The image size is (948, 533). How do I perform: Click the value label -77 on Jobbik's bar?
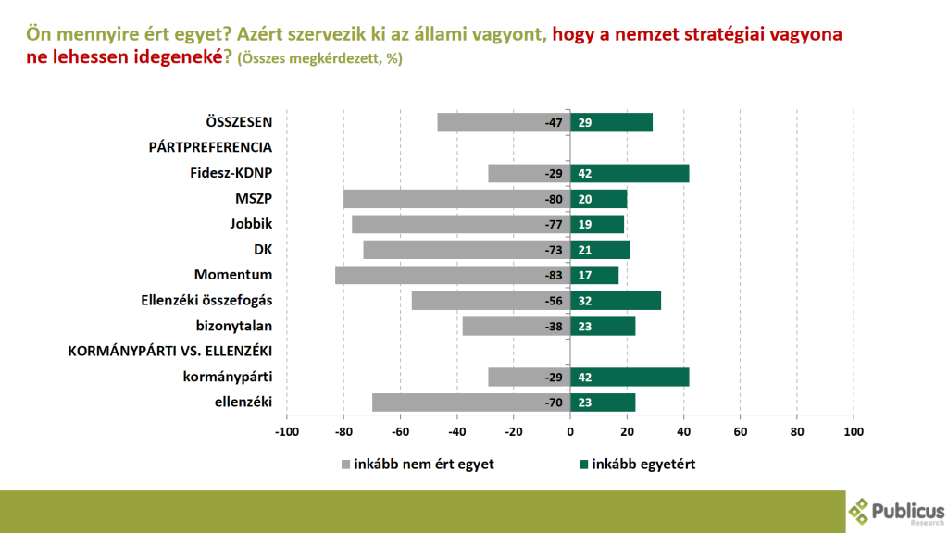click(555, 224)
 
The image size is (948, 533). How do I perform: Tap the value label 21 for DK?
click(584, 250)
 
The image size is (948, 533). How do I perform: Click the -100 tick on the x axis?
click(287, 431)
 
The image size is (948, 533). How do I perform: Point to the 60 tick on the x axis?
click(741, 431)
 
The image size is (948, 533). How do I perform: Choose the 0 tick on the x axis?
click(570, 431)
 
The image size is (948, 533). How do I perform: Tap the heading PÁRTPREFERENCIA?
click(210, 147)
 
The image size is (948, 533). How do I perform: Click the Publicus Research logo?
click(895, 510)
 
